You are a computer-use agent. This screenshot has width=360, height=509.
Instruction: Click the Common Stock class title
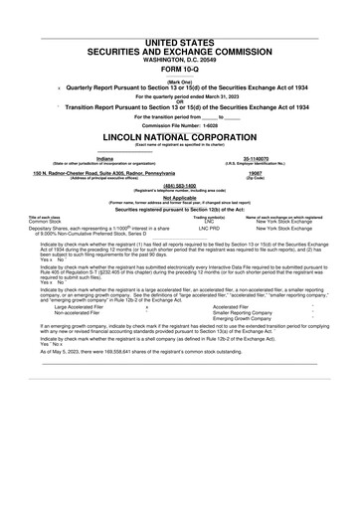click(x=46, y=221)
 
